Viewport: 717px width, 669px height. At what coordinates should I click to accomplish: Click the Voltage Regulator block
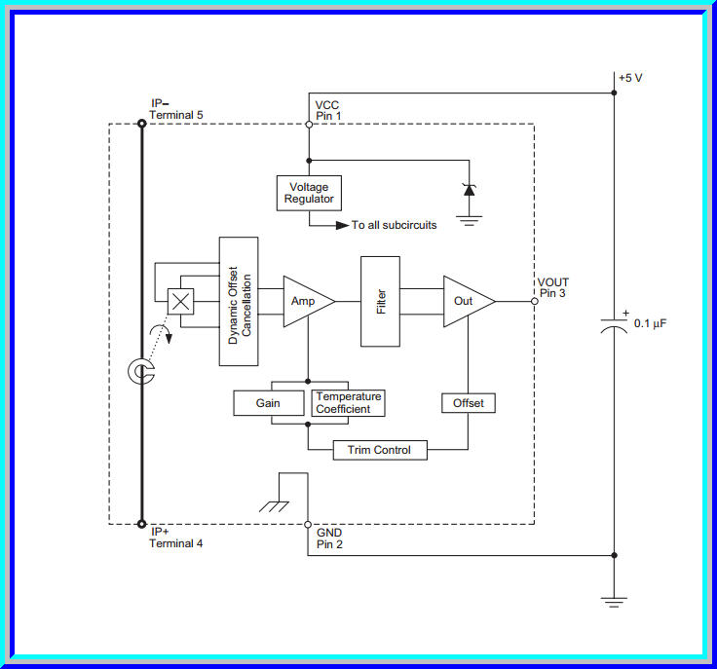[x=309, y=192]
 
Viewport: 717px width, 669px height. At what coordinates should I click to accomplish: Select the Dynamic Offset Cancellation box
[x=239, y=301]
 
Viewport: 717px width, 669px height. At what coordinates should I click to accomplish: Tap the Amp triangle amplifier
[x=306, y=301]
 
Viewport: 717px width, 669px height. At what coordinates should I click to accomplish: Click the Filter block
[x=380, y=301]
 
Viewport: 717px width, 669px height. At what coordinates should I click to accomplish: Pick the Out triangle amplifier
[x=466, y=301]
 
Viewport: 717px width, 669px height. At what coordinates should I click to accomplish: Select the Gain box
[x=268, y=402]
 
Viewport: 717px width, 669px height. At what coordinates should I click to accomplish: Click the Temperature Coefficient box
[x=348, y=402]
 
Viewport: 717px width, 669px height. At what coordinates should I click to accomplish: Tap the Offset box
[x=469, y=402]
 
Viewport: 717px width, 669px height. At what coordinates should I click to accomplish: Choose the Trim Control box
[x=379, y=450]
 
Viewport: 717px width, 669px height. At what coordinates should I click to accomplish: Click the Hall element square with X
[x=180, y=301]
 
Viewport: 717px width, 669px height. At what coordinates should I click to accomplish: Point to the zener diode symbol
[x=469, y=190]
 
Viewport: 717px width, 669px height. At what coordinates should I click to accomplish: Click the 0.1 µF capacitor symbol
[x=614, y=326]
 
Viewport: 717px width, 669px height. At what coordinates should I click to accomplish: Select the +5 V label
[x=630, y=78]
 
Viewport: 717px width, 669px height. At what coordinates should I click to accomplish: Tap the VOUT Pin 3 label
[x=553, y=288]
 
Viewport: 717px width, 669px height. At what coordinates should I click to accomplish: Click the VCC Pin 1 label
[x=327, y=110]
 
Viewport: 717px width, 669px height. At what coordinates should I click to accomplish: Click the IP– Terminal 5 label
[x=175, y=109]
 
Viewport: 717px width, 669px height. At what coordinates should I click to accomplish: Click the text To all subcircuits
[x=394, y=225]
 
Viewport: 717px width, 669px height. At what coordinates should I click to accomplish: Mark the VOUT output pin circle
[x=534, y=301]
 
